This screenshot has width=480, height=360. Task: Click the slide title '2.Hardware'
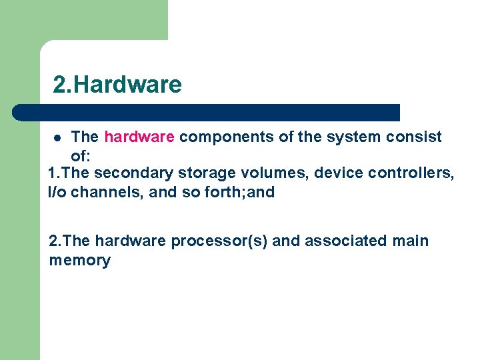coord(117,85)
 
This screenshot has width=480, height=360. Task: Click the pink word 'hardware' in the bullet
coord(139,137)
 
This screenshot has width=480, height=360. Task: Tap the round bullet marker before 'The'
coord(58,138)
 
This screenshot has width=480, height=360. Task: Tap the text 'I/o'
coord(57,193)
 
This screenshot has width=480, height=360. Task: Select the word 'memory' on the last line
coord(79,261)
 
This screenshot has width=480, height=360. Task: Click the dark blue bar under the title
coord(207,112)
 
